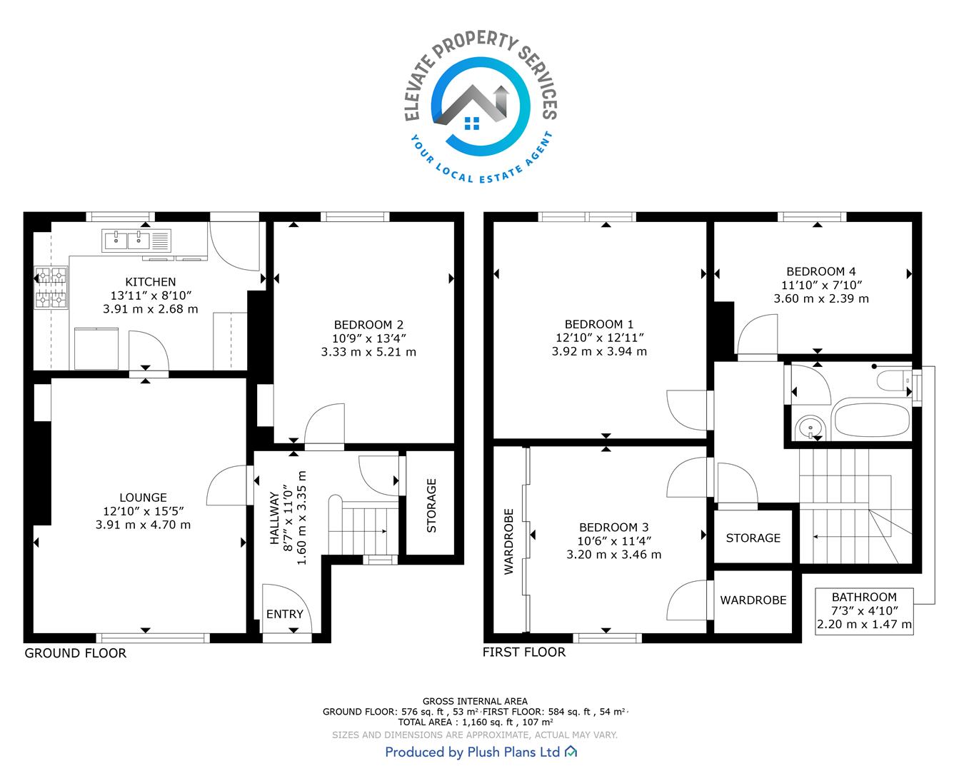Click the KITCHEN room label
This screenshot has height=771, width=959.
[x=150, y=282]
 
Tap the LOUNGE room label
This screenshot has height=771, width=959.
[x=143, y=498]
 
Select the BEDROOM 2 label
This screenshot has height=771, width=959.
[x=368, y=324]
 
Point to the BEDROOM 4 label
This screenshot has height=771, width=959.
[x=821, y=271]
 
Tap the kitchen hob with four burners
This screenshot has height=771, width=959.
[x=51, y=287]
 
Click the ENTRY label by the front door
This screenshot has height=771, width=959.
[x=284, y=614]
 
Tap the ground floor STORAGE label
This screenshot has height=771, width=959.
[x=431, y=505]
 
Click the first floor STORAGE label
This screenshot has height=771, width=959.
[x=753, y=538]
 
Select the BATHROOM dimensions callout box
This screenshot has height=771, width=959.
[x=864, y=610]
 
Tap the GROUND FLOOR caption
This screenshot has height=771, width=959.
[x=75, y=653]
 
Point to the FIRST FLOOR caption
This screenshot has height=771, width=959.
[x=524, y=652]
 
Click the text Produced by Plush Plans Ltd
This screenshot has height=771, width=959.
[x=473, y=752]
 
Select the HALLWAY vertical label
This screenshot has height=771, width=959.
[x=274, y=518]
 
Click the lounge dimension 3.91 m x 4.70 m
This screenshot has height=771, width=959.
[x=143, y=525]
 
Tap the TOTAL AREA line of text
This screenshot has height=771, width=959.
[x=476, y=722]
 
